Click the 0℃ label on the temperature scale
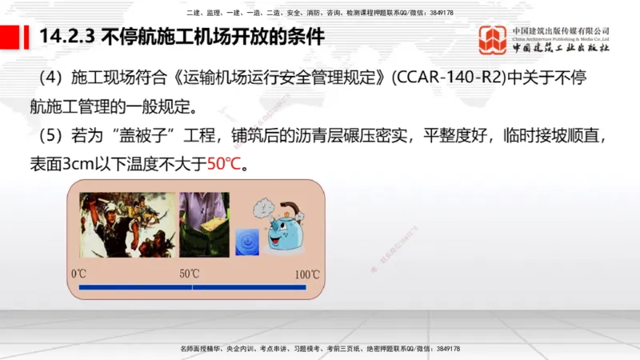[78, 274]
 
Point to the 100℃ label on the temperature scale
[307, 274]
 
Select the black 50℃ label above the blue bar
[190, 274]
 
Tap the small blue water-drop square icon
[246, 241]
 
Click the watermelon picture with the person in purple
[203, 225]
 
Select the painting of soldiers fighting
[127, 225]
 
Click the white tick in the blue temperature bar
[192, 286]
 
